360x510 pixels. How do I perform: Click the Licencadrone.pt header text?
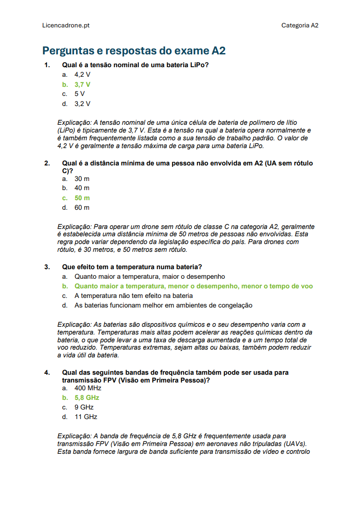[x=66, y=26]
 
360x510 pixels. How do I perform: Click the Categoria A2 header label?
[x=300, y=26]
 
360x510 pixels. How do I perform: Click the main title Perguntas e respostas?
[x=134, y=51]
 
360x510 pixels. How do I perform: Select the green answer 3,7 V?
[x=82, y=85]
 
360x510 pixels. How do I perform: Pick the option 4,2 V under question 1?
[x=82, y=74]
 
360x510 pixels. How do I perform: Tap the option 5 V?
[x=79, y=94]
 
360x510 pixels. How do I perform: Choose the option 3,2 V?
[x=82, y=104]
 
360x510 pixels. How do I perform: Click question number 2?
[x=47, y=163]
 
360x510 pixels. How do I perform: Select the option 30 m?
[x=82, y=179]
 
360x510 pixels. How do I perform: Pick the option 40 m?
[x=82, y=188]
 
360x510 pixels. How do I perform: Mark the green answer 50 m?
[x=82, y=198]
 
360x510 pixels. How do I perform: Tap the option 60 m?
[x=82, y=207]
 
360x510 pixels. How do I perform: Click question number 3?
[x=47, y=267]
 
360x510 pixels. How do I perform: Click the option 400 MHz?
[x=88, y=388]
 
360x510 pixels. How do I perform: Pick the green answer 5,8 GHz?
[x=87, y=398]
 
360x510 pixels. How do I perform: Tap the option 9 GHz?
[x=84, y=407]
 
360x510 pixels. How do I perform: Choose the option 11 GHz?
[x=86, y=417]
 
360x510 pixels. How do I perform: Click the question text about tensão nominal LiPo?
[x=135, y=65]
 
